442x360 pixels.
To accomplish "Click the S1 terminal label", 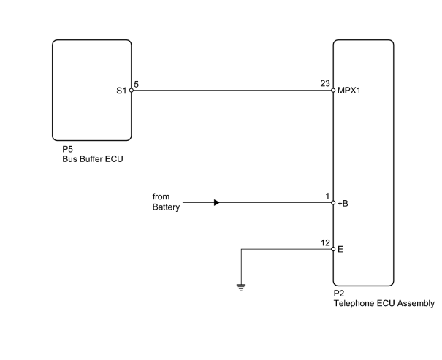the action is [x=121, y=91].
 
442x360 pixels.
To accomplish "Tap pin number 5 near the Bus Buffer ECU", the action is [x=137, y=84].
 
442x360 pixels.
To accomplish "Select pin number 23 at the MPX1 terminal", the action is [x=325, y=84].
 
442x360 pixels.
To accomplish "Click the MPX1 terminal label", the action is [x=349, y=91].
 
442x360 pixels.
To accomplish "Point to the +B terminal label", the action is [x=343, y=204].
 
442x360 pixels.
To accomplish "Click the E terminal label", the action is [x=340, y=250].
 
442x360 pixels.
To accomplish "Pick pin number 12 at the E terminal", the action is [x=325, y=243].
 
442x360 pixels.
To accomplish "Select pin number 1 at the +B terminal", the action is [x=327, y=196].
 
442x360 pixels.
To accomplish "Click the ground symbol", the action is [x=241, y=288].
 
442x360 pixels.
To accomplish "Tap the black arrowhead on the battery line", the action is [x=217, y=202].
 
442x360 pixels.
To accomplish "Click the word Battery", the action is [x=166, y=207].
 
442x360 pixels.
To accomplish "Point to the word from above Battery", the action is [x=161, y=196].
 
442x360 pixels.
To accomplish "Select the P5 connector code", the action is [x=68, y=149].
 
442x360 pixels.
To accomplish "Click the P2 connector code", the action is [x=339, y=294].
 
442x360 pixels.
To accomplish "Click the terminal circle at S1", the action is [x=132, y=91].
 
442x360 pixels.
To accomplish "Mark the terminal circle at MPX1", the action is [x=333, y=91].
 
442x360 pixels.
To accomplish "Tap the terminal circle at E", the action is [x=333, y=249].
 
